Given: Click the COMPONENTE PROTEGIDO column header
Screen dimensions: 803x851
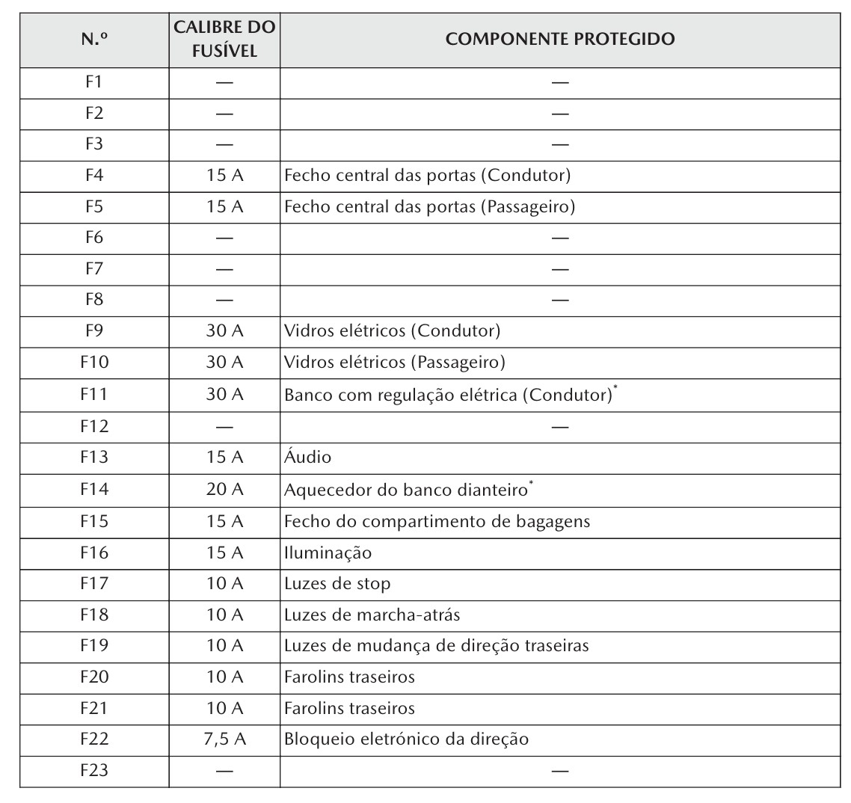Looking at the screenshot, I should click(x=559, y=40).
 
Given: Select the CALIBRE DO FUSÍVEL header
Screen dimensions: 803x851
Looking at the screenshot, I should click(x=224, y=40).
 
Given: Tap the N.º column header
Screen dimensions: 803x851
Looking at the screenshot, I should click(x=94, y=40).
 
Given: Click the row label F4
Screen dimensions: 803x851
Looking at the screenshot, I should click(x=94, y=176).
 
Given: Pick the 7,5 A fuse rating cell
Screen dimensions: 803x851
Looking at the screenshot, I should click(x=224, y=739).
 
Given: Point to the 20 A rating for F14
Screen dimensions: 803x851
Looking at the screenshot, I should click(x=224, y=490).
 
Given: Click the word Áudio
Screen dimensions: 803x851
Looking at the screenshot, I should click(x=307, y=458).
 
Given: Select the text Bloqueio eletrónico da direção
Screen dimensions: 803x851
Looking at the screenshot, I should click(x=406, y=739).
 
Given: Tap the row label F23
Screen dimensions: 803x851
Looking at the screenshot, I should click(x=94, y=770).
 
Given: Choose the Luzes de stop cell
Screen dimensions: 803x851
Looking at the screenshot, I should click(x=337, y=583).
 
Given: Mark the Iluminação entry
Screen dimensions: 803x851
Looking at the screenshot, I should click(x=328, y=553).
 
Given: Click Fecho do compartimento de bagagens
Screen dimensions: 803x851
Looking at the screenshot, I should click(x=437, y=521).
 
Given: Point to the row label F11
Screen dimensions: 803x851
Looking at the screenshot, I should click(x=94, y=395).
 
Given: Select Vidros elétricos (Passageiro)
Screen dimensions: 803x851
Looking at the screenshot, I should click(x=395, y=363).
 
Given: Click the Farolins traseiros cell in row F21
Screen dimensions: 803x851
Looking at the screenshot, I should click(x=349, y=707).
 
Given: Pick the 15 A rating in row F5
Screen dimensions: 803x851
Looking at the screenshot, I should click(x=224, y=207).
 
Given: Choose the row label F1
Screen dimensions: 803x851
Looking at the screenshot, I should click(x=94, y=82).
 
